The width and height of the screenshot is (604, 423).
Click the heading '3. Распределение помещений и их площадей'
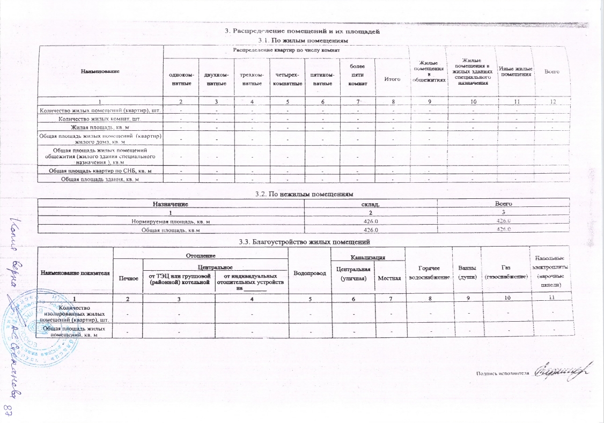pos(303,32)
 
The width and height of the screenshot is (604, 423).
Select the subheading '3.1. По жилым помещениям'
pos(304,40)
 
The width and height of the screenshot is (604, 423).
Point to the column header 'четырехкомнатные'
pos(286,79)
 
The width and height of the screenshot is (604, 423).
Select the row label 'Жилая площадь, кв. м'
pos(100,127)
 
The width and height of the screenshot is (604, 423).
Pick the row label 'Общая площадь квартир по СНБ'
pos(100,170)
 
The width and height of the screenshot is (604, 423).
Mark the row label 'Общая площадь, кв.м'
pos(167,230)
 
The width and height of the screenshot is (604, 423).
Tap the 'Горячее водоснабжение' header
pos(429,274)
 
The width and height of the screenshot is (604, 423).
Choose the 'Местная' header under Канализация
pos(389,278)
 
